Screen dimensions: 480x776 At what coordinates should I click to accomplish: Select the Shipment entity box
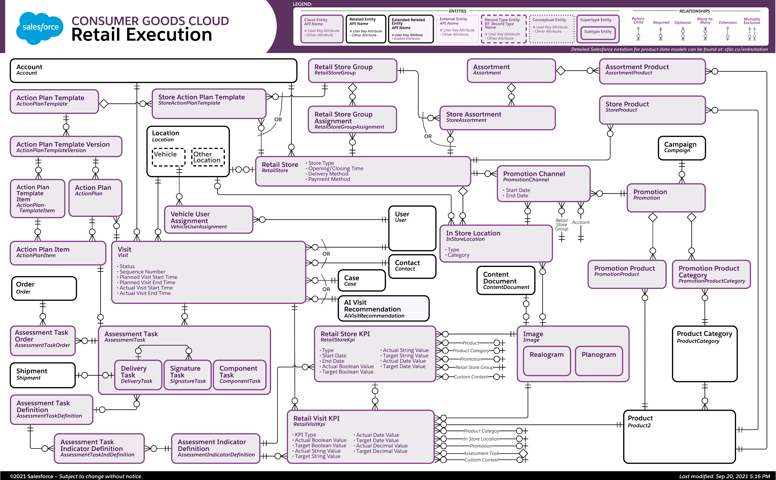pos(43,375)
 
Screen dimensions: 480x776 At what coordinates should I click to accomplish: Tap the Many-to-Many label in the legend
pos(705,21)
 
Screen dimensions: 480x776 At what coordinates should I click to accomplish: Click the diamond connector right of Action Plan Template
pos(104,104)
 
